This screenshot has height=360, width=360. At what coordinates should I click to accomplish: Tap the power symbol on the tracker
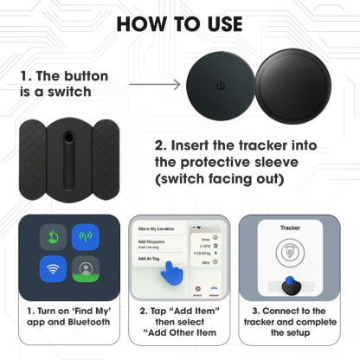220,86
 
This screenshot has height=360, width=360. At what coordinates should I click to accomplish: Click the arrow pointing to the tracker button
155,85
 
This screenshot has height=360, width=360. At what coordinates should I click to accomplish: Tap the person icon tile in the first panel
85,269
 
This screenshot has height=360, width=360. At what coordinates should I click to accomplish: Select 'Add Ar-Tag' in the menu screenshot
148,258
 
